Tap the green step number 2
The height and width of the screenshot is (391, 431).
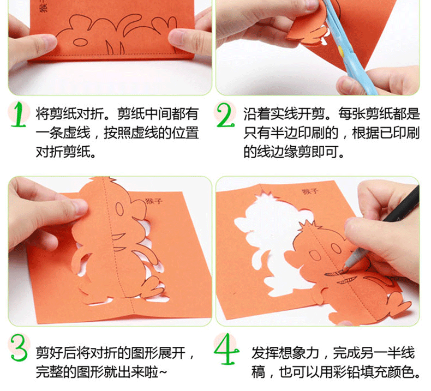(225, 115)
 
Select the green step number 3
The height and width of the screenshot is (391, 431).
(19, 347)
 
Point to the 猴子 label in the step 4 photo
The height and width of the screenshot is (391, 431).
(310, 191)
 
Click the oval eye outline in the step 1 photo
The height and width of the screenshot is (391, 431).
(80, 42)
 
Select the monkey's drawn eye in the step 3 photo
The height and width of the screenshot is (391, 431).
(119, 209)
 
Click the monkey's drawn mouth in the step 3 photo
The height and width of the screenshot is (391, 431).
(118, 236)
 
